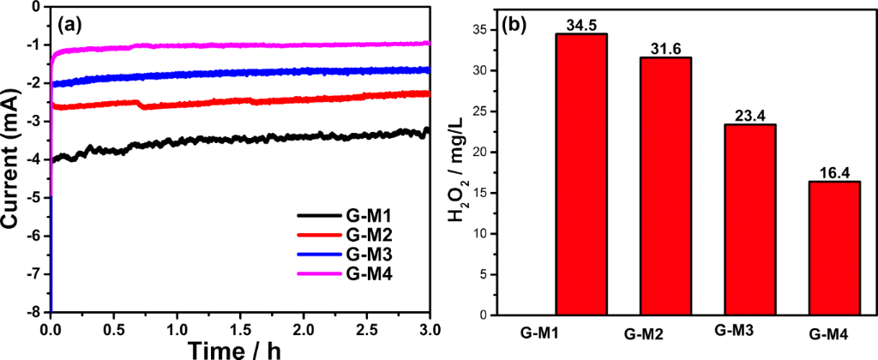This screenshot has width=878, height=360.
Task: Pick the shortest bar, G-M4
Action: pyautogui.click(x=834, y=248)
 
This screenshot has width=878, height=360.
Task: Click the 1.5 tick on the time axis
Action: pyautogui.click(x=241, y=328)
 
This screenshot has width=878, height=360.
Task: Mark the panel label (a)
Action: pyautogui.click(x=69, y=25)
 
